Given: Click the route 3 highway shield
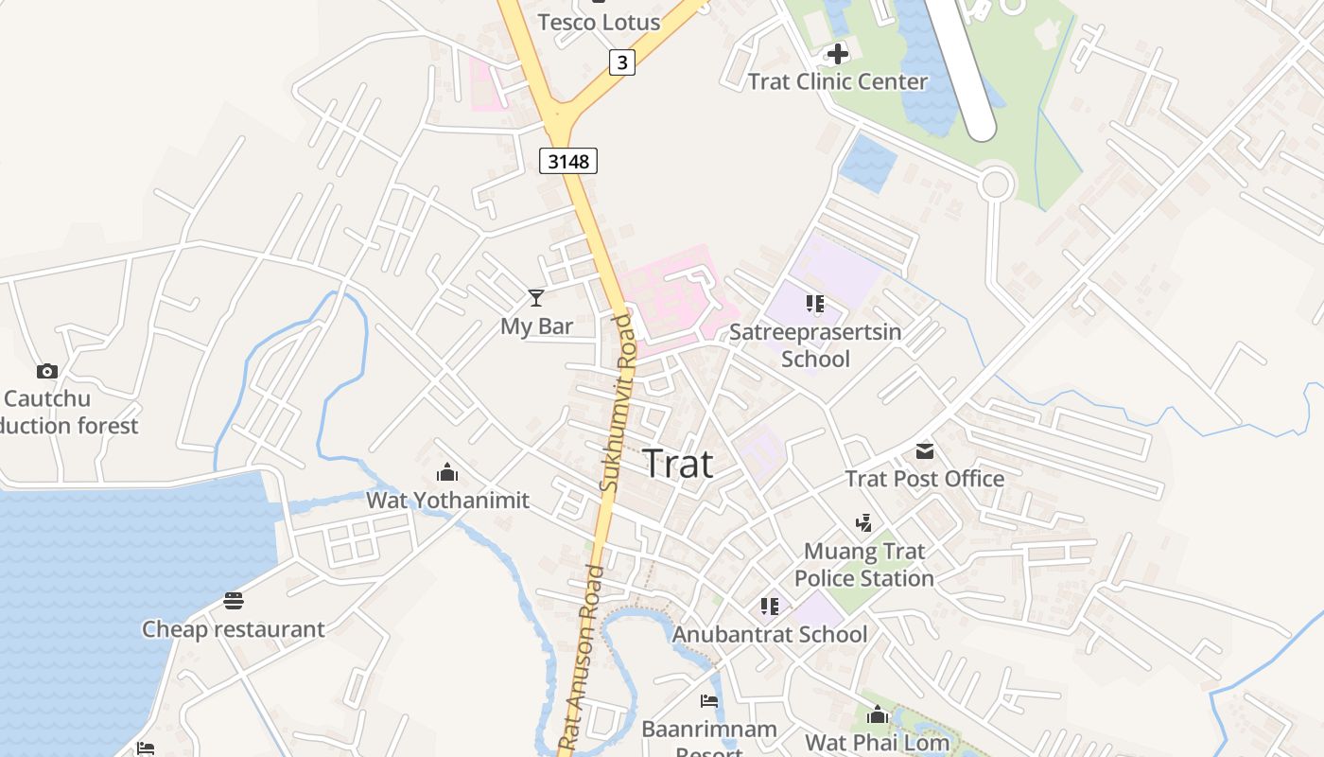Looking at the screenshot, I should pos(621,62).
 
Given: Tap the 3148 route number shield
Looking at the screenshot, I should pos(568,161).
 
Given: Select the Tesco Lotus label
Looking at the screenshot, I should pos(599,22).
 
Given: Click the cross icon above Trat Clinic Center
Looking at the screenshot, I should pos(837,54).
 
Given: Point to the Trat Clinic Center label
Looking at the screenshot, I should pos(838,81).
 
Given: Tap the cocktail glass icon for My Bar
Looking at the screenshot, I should pos(536,298).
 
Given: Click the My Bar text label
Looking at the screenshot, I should pos(536,326).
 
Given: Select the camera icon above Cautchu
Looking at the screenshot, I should pos(46,371).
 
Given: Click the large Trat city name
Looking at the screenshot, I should pos(677,464).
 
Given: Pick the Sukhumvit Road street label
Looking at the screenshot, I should pos(617,402).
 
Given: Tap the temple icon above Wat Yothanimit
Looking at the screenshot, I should pos(447,472).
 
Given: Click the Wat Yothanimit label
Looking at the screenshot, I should pos(447,500).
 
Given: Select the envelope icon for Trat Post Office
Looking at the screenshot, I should pos(924,450).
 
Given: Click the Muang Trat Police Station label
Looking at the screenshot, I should pos(863,564).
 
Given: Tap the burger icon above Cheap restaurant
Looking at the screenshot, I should pos(234,601).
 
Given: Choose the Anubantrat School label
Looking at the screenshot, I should pos(769,634).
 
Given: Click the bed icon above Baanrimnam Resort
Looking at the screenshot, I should pos(709,701).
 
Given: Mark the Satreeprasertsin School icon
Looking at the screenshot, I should pos(815,304).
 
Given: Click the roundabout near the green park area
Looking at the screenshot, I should pos(995,183).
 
